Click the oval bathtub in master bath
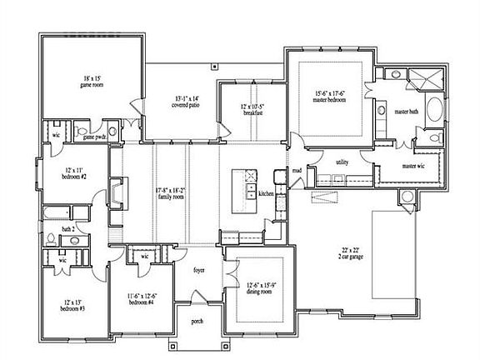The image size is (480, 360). point(436,110)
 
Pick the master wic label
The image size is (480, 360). point(415,166)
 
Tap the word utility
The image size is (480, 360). point(341,162)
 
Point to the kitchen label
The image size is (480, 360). point(266,193)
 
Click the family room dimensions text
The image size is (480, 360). point(170,193)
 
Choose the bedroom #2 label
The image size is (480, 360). point(74,174)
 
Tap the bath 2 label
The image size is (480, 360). point(69,227)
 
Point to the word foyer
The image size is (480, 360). point(199,270)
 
